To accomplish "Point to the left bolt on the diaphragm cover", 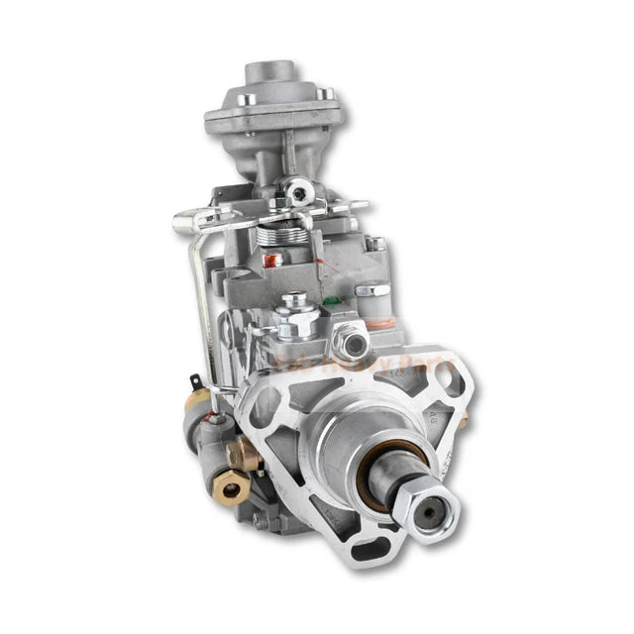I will click(248, 98).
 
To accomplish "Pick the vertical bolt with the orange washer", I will click(374, 297).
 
